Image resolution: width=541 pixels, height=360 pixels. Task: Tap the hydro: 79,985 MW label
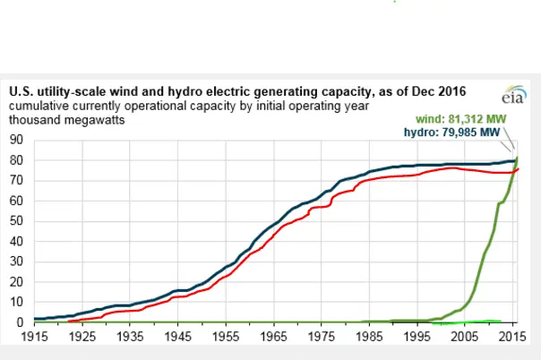[x=459, y=132]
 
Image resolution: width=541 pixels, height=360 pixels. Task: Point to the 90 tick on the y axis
[x=16, y=140]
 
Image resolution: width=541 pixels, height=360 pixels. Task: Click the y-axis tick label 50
[x=16, y=221]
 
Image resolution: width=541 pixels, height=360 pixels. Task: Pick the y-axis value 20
[x=16, y=282]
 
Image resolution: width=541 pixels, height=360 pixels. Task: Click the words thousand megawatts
[x=67, y=118]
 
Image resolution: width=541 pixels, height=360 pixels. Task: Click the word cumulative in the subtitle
[x=40, y=105]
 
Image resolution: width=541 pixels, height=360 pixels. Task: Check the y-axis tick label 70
[x=16, y=181]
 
